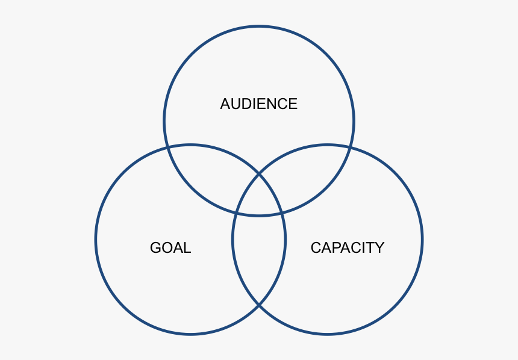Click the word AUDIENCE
[x=258, y=104]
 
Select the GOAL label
[x=170, y=247]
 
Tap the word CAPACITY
[x=347, y=247]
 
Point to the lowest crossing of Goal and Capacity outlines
[x=259, y=306]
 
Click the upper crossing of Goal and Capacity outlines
[x=259, y=174]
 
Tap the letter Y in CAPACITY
[x=379, y=247]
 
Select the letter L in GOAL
[x=187, y=247]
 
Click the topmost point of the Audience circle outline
[x=259, y=26]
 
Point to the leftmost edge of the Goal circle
[x=95, y=240]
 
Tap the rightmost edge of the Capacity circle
[x=422, y=240]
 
